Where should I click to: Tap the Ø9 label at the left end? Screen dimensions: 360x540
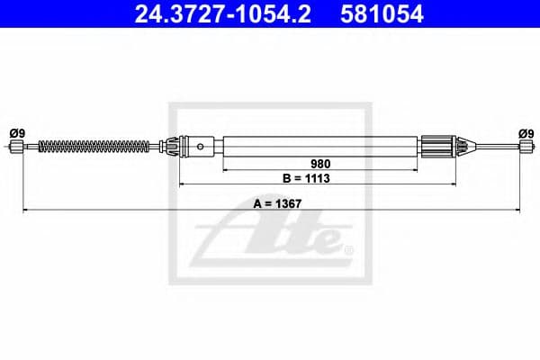tap(17, 133)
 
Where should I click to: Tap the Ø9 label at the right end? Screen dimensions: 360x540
tap(526, 133)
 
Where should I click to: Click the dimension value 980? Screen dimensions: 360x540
tap(321, 164)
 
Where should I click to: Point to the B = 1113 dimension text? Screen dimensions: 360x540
tap(321, 179)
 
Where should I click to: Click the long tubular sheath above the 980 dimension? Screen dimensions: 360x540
tap(321, 144)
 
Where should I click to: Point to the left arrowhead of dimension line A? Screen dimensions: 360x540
tap(26, 211)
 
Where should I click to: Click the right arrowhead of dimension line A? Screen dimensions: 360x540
tap(519, 211)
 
